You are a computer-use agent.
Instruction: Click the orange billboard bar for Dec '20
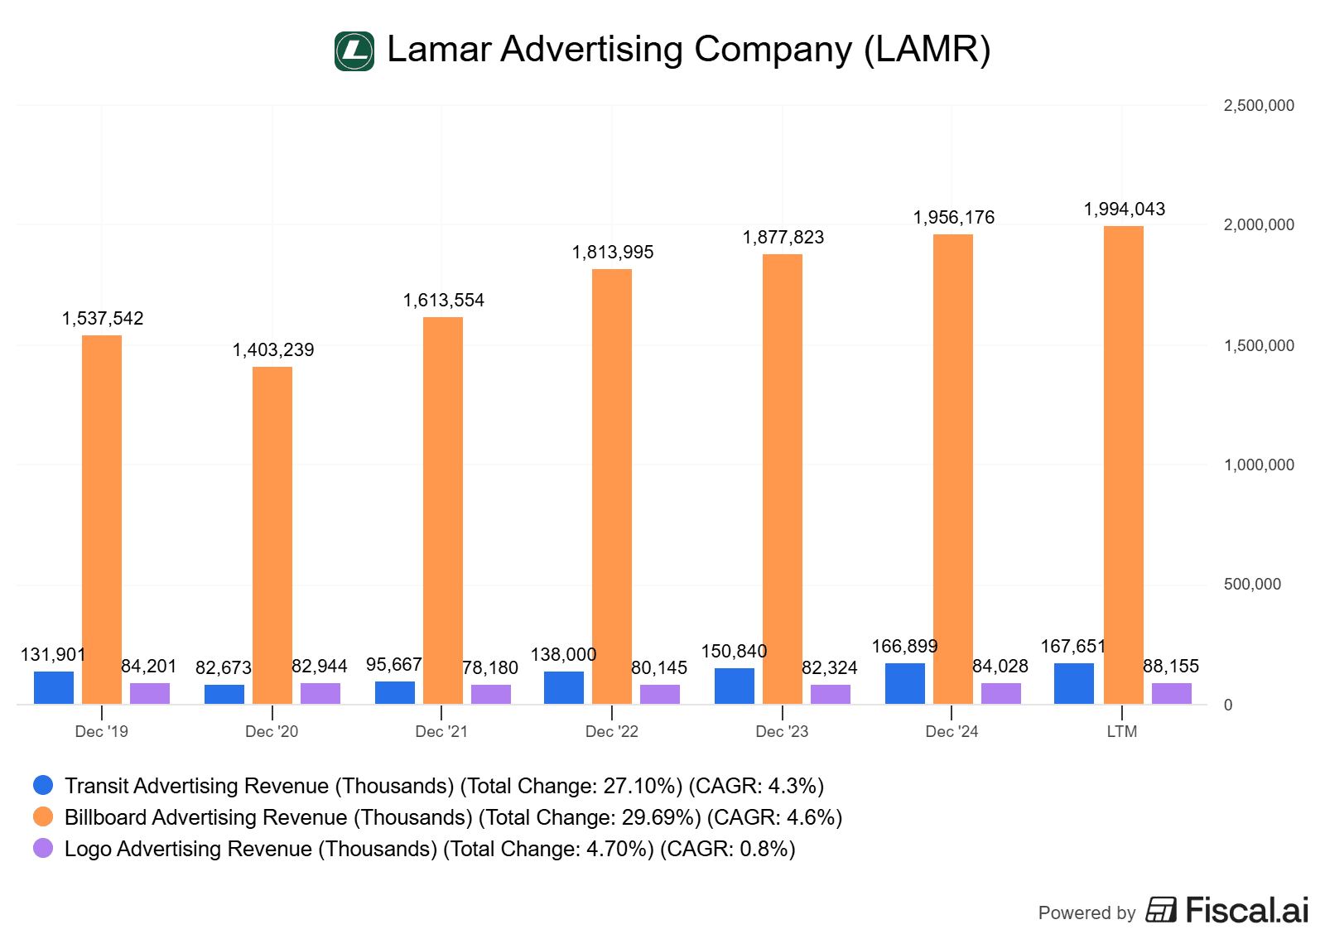[x=272, y=535]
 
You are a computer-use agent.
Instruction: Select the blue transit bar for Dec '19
[x=54, y=687]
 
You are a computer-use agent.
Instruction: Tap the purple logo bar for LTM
[x=1171, y=693]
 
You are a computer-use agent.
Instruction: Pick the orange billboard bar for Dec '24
[x=953, y=469]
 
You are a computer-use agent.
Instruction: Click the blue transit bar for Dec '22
[x=564, y=687]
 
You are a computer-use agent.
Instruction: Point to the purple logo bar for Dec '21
[x=491, y=694]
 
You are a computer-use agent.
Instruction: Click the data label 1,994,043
[x=1124, y=209]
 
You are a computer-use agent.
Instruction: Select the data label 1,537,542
[x=103, y=319]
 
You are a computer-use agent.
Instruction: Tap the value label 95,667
[x=393, y=665]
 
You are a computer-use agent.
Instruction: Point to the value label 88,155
[x=1171, y=667]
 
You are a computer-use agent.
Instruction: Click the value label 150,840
[x=734, y=652]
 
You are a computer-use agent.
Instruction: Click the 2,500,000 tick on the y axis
[x=1258, y=106]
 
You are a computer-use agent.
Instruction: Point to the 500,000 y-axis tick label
[x=1252, y=585]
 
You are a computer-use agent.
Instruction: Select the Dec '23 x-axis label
[x=782, y=732]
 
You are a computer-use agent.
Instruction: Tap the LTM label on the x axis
[x=1122, y=732]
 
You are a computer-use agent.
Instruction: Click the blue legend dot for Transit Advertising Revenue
[x=43, y=785]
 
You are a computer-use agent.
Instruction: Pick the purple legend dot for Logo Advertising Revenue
[x=43, y=848]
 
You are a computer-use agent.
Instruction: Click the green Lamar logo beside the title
[x=354, y=51]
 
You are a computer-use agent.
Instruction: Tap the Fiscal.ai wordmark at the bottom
[x=1246, y=910]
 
